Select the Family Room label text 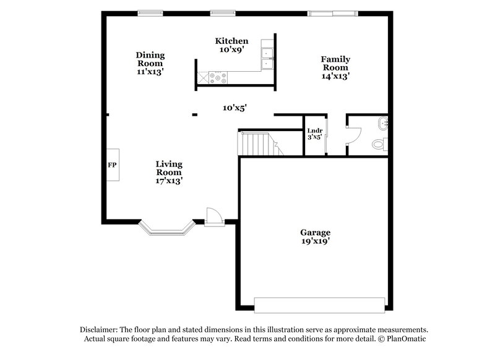[334, 67]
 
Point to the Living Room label [168, 173]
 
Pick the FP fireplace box [113, 165]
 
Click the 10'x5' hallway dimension [235, 108]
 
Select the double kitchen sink [267, 56]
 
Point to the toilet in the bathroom [379, 144]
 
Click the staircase [256, 144]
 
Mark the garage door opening [319, 304]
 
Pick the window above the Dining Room [150, 12]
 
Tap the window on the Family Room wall [333, 12]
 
